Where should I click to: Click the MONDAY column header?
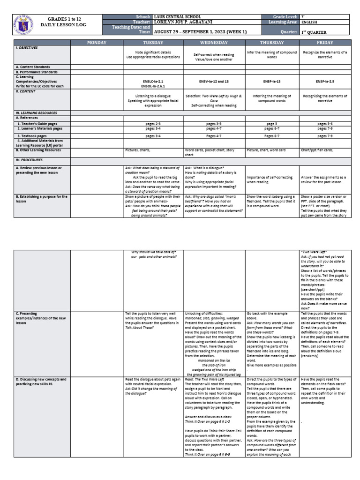(97, 43)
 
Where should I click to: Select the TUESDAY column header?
(153, 43)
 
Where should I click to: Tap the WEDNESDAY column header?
(214, 43)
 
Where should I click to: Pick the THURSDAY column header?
(272, 43)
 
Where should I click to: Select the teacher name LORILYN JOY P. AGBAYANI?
(183, 22)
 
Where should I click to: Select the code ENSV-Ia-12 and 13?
(214, 81)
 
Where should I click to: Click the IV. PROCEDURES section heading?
(29, 160)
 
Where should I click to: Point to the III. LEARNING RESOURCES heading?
(36, 113)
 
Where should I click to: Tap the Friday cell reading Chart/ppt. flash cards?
(317, 150)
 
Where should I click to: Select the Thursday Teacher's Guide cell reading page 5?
(272, 123)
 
